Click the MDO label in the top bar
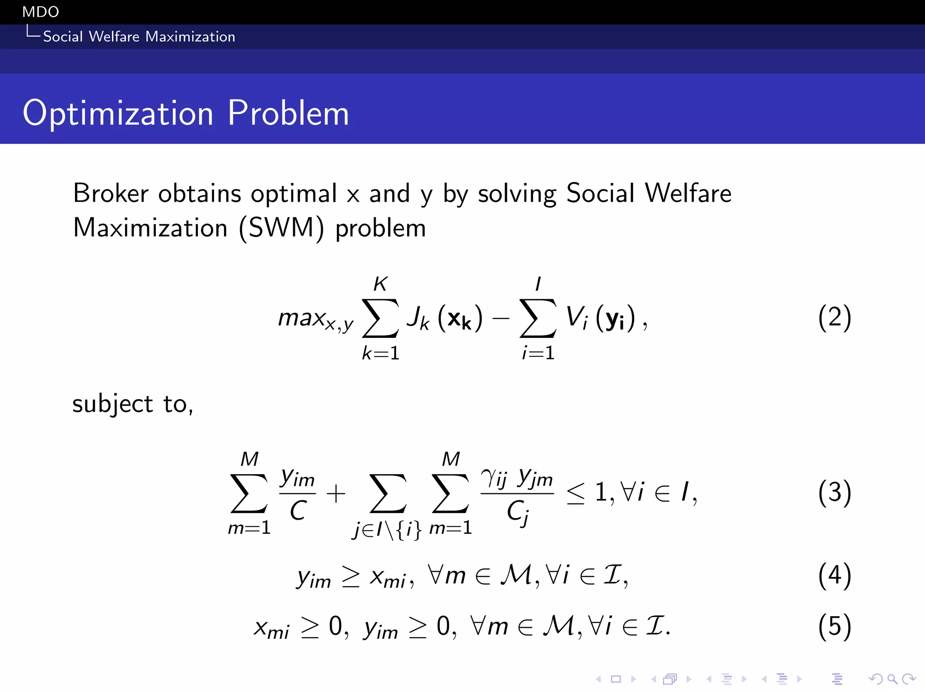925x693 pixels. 41,12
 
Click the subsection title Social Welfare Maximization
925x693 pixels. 139,37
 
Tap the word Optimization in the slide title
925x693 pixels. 118,113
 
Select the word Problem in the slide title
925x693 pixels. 288,113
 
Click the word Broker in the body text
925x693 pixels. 111,194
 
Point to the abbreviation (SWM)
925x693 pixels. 281,228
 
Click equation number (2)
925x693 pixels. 834,317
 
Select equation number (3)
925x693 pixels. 834,492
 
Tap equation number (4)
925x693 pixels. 834,576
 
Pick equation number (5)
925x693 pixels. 834,626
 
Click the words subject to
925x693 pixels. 132,404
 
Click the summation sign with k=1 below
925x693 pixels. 380,319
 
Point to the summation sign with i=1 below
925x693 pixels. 537,319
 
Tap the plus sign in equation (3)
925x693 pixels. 336,494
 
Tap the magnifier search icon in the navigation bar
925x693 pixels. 892,679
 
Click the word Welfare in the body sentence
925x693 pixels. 688,194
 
